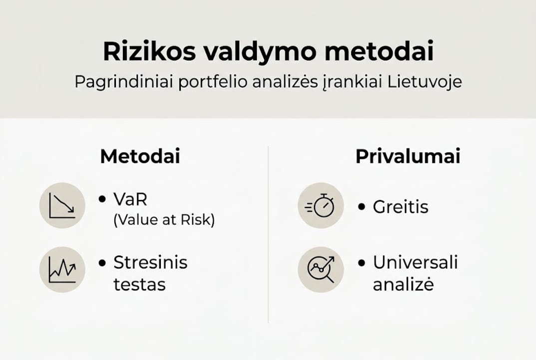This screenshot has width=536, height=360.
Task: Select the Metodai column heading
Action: (140, 156)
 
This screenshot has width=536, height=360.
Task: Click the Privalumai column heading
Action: (408, 156)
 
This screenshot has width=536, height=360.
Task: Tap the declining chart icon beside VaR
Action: (62, 205)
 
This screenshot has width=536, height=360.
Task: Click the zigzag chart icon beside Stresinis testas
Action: (62, 270)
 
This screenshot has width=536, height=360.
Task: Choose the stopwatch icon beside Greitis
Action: (321, 205)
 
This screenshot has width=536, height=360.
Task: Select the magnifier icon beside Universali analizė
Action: (321, 270)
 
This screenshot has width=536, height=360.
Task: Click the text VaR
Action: (131, 199)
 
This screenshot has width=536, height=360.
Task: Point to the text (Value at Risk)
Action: (164, 220)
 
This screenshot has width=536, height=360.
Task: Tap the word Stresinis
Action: (150, 262)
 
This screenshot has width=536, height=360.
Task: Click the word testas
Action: (139, 284)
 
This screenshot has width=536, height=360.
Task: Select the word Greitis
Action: (401, 206)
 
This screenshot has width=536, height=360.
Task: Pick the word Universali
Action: (416, 262)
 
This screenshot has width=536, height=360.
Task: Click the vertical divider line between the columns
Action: (268, 235)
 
